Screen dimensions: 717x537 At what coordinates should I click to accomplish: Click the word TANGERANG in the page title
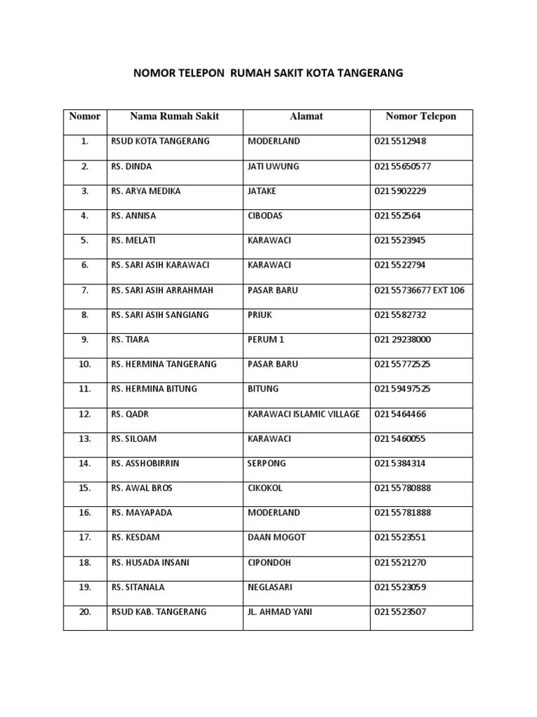371,73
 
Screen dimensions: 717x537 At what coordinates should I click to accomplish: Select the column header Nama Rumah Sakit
174,116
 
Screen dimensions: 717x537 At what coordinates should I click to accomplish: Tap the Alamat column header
306,116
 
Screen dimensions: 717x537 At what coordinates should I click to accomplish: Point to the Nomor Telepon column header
421,116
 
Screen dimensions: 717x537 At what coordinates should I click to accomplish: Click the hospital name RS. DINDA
131,167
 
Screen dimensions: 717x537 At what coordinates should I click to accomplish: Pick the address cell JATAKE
262,191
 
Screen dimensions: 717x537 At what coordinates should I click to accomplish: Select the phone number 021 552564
397,216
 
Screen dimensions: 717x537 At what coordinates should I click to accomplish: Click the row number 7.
85,290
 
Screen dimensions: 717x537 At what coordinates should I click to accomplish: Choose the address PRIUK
259,315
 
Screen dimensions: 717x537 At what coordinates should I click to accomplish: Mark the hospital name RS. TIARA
131,340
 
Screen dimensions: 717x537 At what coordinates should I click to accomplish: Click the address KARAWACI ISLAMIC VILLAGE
303,414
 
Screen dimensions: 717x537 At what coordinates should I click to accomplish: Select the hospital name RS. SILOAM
134,439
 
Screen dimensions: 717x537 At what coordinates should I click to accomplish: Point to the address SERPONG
267,464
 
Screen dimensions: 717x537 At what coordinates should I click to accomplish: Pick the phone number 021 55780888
403,488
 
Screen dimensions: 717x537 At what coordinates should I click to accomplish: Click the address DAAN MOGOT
277,538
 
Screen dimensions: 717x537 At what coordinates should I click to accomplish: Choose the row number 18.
85,562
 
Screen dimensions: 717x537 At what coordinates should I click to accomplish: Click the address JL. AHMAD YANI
280,612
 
